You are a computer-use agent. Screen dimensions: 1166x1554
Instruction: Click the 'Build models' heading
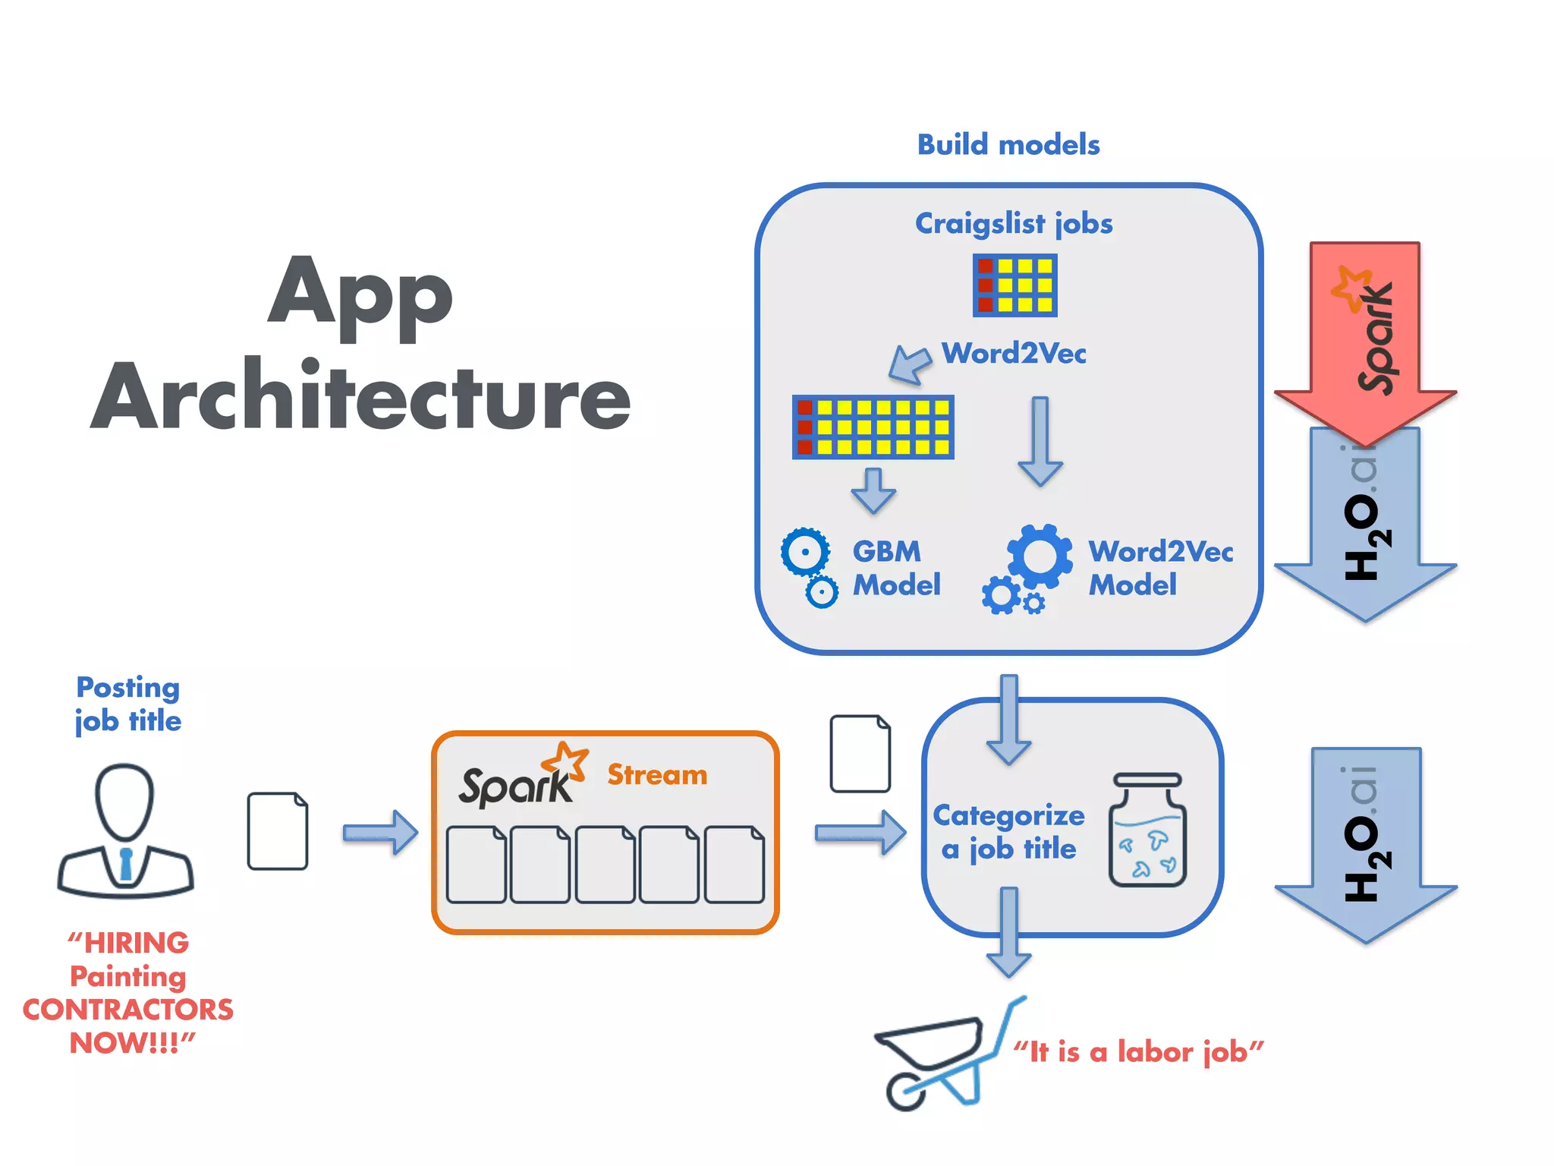(1008, 144)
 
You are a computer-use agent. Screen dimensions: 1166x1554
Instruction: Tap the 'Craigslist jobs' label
(1013, 224)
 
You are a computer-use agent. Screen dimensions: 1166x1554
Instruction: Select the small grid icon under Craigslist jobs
(1015, 285)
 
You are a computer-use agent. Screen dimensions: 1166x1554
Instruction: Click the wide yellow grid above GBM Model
(873, 427)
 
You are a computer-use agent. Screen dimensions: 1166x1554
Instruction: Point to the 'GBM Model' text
(895, 568)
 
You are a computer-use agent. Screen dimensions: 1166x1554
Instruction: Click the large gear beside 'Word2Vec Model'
(1040, 556)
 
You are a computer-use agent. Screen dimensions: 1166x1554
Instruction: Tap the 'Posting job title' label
(128, 704)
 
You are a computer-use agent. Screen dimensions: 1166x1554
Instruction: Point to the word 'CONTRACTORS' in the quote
(128, 1010)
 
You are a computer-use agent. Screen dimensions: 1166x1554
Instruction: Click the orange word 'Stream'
(657, 774)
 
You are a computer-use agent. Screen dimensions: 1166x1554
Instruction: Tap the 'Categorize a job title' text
(1009, 831)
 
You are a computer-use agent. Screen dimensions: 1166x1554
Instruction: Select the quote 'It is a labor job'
(1138, 1052)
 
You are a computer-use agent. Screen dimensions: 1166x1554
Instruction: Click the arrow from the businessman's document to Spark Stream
(379, 833)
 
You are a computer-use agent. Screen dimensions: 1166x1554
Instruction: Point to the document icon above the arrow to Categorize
(860, 754)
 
